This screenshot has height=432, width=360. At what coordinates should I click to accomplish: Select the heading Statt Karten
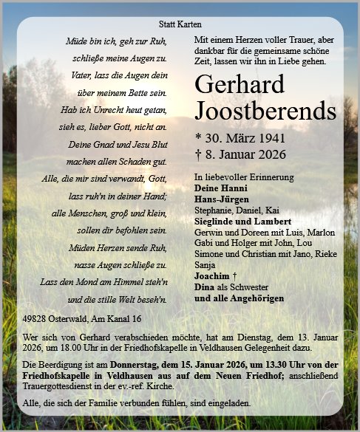[x=180, y=25]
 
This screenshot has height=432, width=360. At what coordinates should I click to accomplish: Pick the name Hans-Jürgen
[x=221, y=199]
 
